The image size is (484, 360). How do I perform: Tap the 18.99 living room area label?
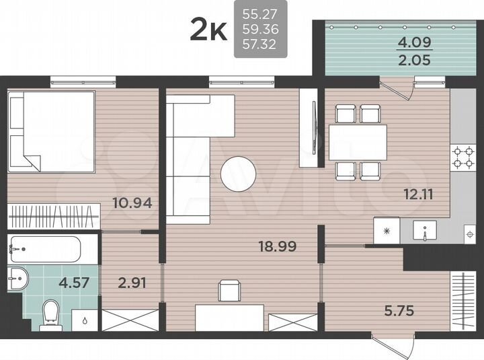[x=278, y=246]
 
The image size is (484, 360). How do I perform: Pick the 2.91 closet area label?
[x=131, y=283]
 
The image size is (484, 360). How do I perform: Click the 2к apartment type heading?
[x=209, y=30]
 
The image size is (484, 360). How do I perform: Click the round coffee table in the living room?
[x=238, y=173]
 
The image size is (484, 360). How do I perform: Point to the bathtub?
[x=44, y=250]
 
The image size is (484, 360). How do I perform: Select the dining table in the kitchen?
[x=357, y=142]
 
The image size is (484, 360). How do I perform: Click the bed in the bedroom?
[x=51, y=131]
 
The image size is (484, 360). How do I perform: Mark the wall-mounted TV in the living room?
[x=315, y=129]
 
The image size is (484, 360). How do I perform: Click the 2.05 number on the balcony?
[x=410, y=60]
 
